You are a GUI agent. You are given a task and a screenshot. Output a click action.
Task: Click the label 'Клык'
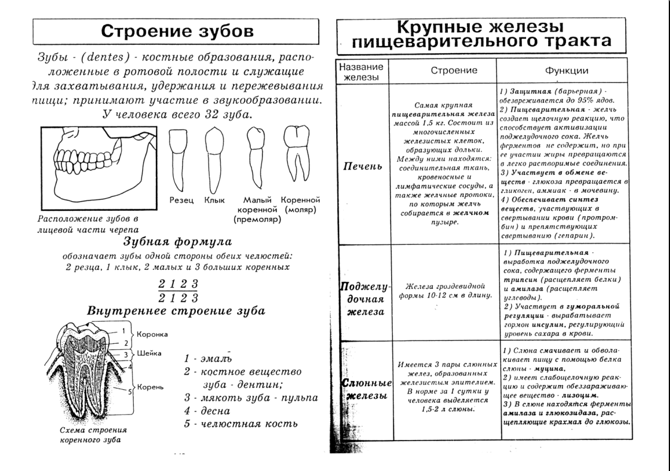coord(216,200)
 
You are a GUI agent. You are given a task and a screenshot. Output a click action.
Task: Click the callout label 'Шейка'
coord(149,353)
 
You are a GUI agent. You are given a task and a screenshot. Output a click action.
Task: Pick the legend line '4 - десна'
coord(207,411)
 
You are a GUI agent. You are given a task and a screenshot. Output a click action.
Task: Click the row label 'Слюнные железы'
coord(362,390)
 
